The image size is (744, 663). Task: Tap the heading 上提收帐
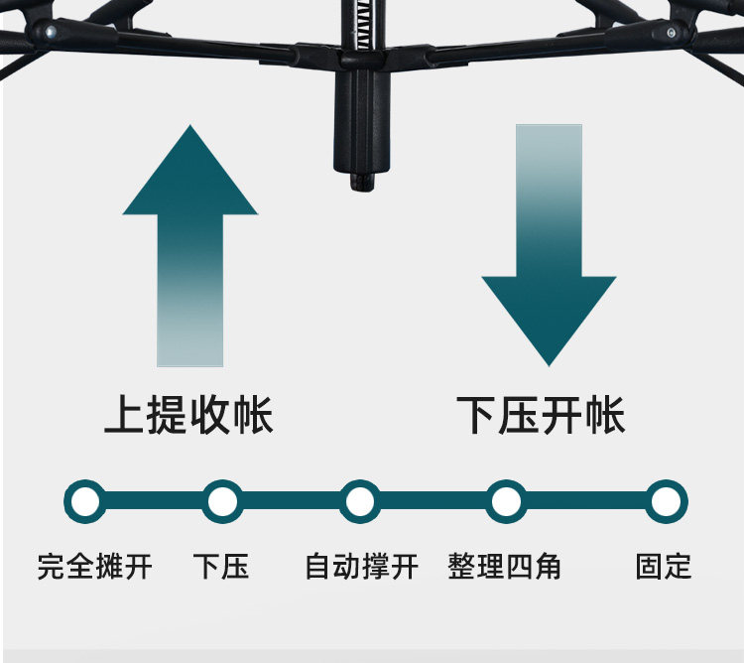point(188,415)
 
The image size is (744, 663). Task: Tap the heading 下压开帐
point(541,415)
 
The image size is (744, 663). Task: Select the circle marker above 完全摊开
point(85,501)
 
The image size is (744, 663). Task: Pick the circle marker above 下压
point(222,501)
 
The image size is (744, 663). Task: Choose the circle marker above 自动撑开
point(359,501)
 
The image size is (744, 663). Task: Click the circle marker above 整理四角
point(506,501)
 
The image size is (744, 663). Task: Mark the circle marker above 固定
point(667,501)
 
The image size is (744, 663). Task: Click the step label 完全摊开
point(94,567)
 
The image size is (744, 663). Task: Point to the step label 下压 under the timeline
point(220,567)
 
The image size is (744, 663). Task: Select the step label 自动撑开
point(361,567)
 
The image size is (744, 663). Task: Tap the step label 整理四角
point(504,567)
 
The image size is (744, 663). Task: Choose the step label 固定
point(663,567)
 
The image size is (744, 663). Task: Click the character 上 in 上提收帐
point(124,415)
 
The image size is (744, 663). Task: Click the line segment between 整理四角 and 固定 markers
point(586,501)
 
